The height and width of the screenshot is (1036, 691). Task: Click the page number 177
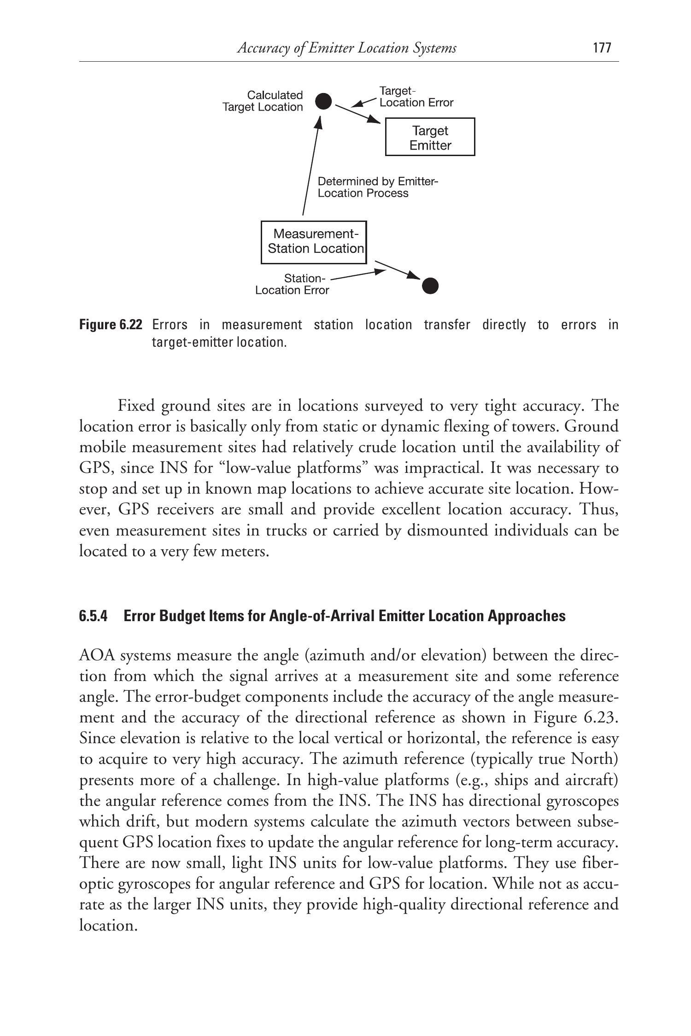coord(602,48)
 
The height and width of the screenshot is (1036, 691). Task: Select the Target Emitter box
coord(430,137)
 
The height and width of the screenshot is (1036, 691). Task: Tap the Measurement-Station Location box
coord(314,242)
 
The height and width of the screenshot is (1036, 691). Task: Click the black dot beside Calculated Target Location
coord(323,101)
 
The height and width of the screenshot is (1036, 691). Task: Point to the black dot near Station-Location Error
coord(430,286)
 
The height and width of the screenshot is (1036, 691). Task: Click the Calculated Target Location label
coord(263,101)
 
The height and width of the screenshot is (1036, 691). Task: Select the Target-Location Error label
coord(416,97)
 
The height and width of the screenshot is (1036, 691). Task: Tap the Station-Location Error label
coord(292,284)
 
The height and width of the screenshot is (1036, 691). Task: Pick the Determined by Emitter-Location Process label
coord(378,187)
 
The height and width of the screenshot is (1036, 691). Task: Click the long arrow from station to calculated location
coord(310,166)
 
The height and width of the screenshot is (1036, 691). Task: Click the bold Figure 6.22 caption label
coord(111,325)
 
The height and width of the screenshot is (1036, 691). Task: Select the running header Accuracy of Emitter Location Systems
coord(346,48)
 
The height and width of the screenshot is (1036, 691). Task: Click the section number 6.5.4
coord(93,616)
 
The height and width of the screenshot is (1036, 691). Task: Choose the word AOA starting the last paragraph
coord(95,655)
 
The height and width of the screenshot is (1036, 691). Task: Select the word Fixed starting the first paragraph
coord(136,406)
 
